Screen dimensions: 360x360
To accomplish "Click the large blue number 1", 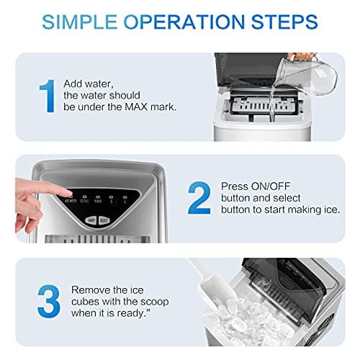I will coord(47,96).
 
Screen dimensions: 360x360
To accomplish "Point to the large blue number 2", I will coord(199,198).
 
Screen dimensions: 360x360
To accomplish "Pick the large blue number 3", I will coord(48,302).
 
